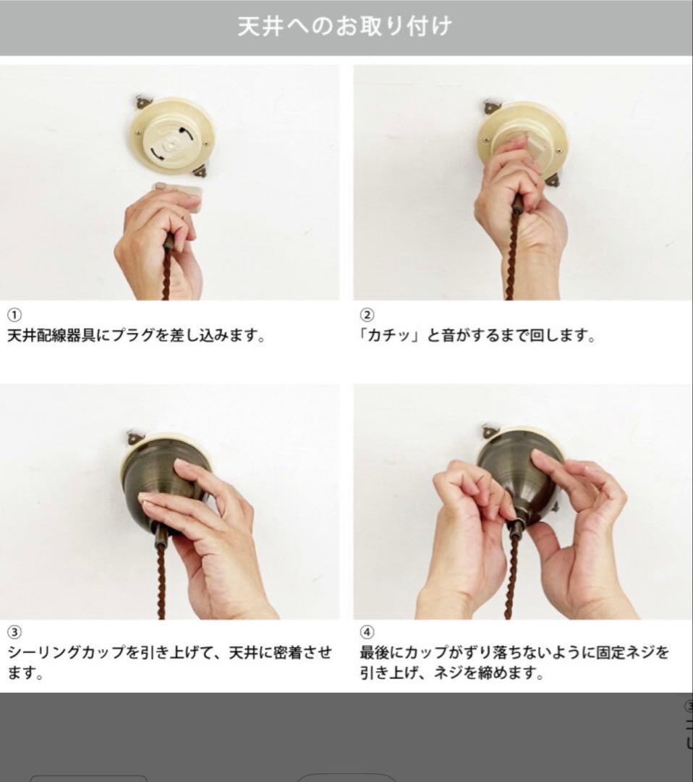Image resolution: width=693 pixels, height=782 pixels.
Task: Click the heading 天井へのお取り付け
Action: (x=344, y=27)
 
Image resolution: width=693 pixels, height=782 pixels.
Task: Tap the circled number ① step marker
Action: (x=14, y=315)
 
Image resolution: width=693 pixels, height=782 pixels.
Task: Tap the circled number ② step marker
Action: (x=367, y=315)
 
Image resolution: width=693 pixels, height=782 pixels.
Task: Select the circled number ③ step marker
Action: (x=14, y=631)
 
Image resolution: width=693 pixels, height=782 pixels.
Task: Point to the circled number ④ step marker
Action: (x=367, y=631)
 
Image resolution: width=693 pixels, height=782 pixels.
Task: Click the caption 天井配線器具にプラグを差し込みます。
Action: (x=137, y=337)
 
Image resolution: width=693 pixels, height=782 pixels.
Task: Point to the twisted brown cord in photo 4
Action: (x=512, y=579)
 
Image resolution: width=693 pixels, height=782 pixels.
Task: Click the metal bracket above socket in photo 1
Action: (x=143, y=103)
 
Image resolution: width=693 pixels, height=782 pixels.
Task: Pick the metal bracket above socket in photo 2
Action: (x=493, y=107)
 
